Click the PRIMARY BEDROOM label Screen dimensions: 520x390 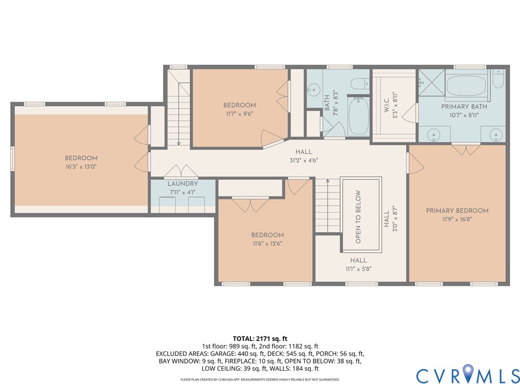click(x=457, y=211)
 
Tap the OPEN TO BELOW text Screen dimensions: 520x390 click(x=358, y=217)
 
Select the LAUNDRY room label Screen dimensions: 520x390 click(x=183, y=184)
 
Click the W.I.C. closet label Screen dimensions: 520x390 click(x=386, y=105)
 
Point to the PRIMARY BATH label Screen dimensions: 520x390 click(x=464, y=107)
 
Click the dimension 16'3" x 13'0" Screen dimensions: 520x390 click(x=81, y=167)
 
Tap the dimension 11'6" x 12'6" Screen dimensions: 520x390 click(x=267, y=243)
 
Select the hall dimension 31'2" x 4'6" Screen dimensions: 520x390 click(x=304, y=160)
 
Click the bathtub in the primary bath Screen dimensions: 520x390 click(x=466, y=85)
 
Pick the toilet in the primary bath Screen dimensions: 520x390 click(x=498, y=78)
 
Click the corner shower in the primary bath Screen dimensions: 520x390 click(x=432, y=83)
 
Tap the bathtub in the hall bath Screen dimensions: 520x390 click(x=358, y=116)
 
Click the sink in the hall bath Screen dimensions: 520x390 click(x=313, y=89)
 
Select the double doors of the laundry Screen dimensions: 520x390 click(x=181, y=171)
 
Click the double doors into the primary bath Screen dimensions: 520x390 click(x=466, y=149)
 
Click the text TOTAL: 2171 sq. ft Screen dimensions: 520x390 click(x=260, y=339)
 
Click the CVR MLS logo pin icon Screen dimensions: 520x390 click(x=468, y=372)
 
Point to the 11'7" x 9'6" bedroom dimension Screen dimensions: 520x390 click(x=240, y=114)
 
